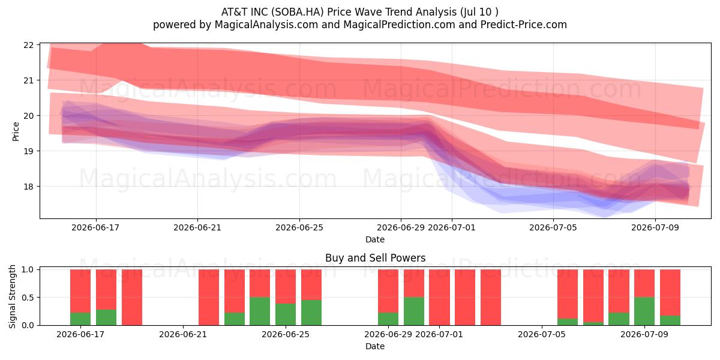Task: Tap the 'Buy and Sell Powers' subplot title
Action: (375, 258)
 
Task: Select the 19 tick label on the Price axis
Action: (29, 151)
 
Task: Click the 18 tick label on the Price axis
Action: (29, 187)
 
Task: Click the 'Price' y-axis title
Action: (16, 131)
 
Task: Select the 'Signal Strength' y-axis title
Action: (12, 296)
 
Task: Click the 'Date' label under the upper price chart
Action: (375, 239)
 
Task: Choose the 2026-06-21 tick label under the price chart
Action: (197, 227)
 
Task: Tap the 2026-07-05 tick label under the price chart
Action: (553, 227)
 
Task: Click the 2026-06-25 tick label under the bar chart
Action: (286, 334)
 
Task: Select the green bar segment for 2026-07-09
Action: (644, 311)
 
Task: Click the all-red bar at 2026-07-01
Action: (439, 298)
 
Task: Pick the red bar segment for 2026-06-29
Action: (388, 291)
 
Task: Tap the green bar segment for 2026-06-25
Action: (286, 314)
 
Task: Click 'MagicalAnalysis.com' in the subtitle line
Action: (266, 25)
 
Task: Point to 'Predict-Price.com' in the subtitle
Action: (524, 25)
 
